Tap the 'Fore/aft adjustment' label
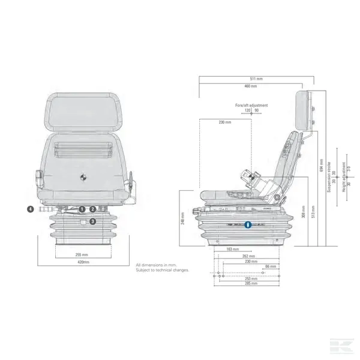[251, 105]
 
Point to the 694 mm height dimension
[322, 164]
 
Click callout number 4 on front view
[30, 209]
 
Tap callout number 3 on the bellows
[92, 221]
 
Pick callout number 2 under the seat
[93, 209]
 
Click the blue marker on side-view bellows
[248, 226]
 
